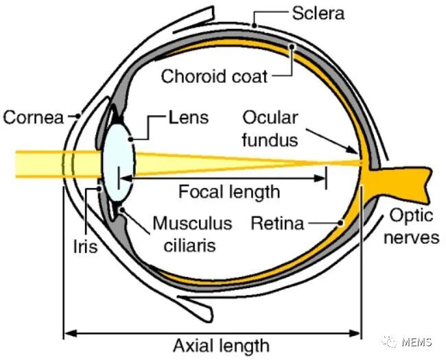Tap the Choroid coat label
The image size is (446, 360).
click(x=214, y=75)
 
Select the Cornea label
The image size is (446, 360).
click(x=34, y=117)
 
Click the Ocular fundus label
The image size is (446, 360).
click(x=270, y=128)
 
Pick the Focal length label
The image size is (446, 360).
click(x=229, y=191)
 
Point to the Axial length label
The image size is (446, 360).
click(x=211, y=344)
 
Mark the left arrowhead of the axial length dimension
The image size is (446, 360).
click(x=67, y=334)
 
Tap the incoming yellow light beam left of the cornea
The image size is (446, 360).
click(x=34, y=163)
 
